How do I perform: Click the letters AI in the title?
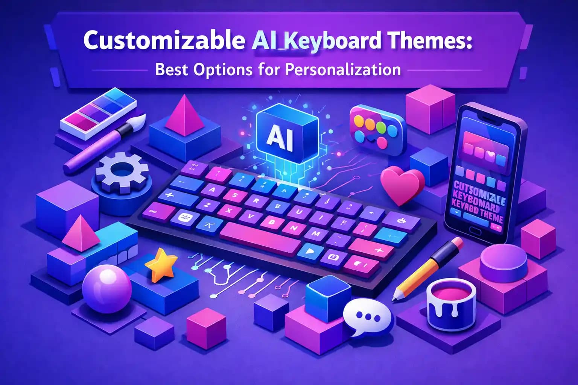[264, 40]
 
